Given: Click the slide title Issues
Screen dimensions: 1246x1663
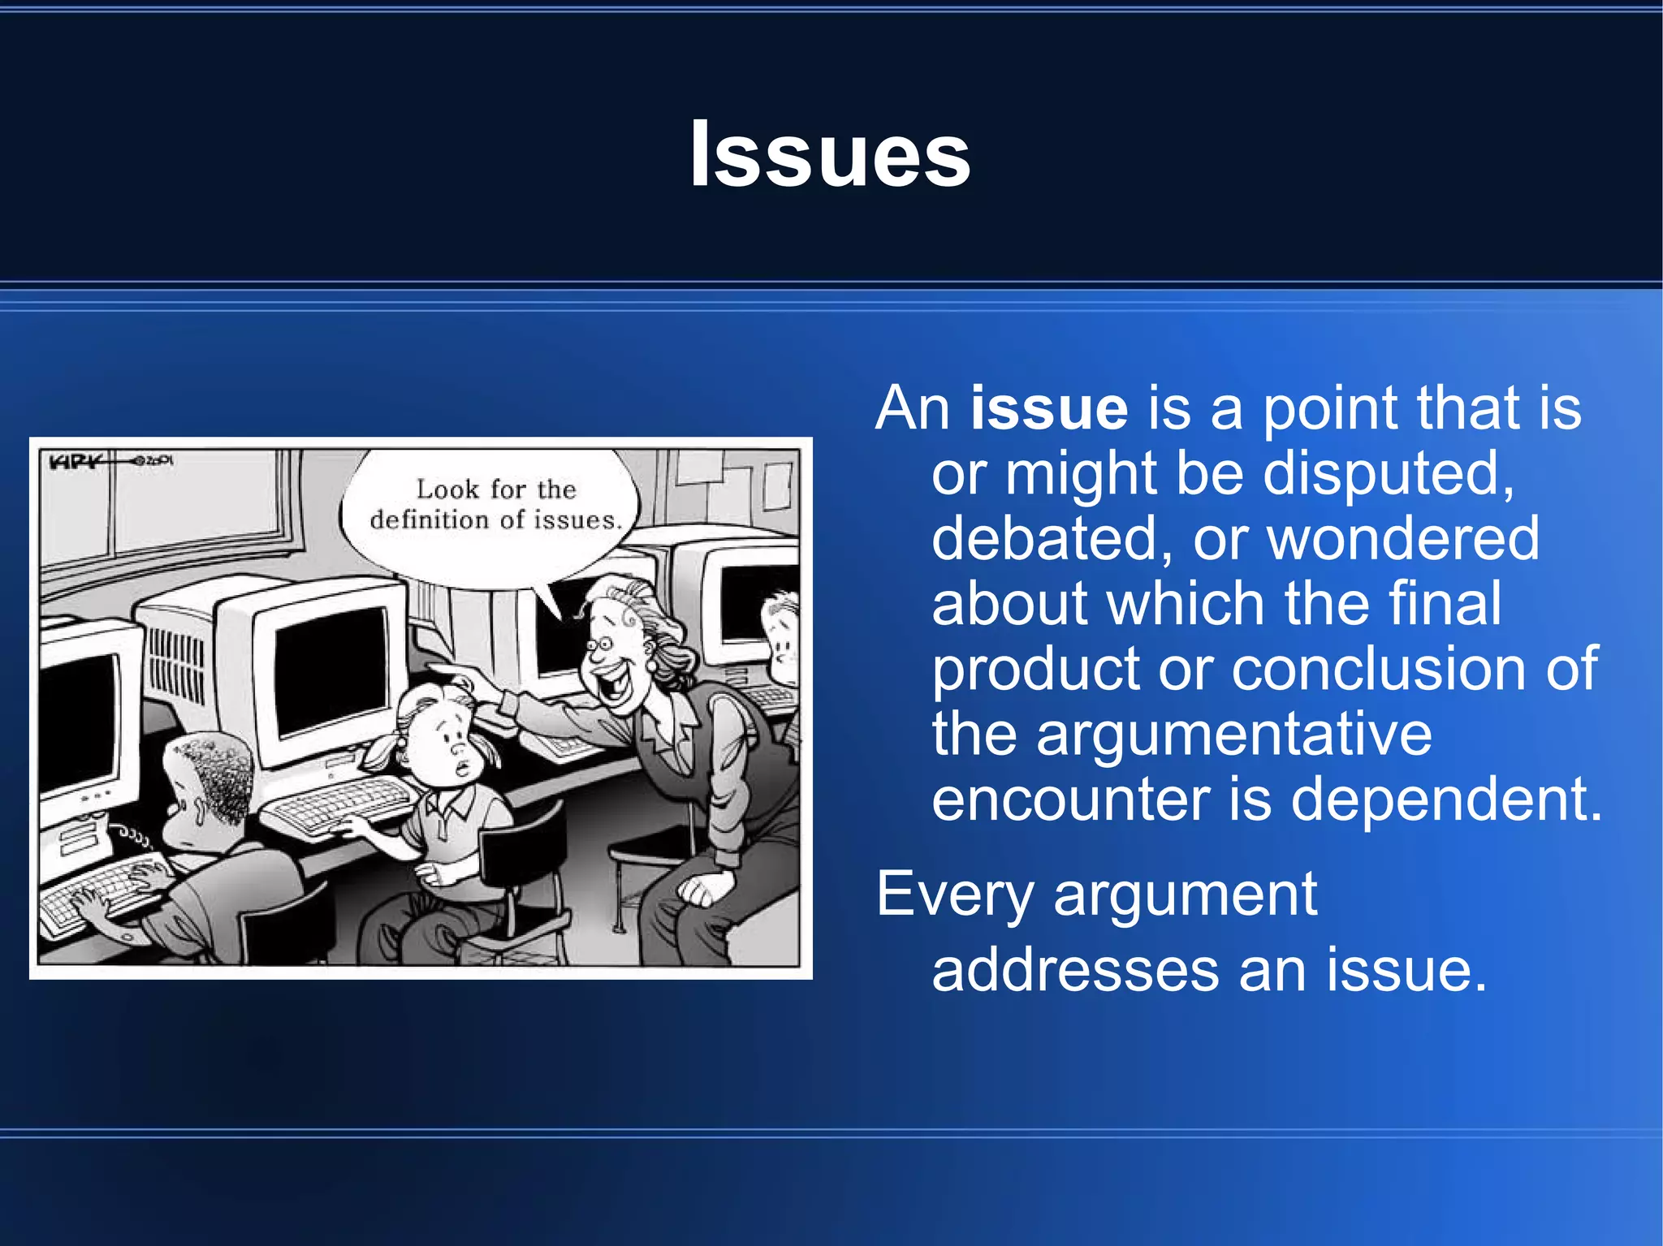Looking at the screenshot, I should [830, 154].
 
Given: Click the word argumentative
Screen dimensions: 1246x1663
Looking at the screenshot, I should [1233, 734].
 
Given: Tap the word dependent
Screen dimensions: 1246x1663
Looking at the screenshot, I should [1446, 800].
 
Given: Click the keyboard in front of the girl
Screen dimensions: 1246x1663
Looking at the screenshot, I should [341, 804].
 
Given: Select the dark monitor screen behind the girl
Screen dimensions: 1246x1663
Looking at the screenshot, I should [329, 670].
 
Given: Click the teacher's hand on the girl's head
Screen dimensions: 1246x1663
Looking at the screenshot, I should [463, 678].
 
